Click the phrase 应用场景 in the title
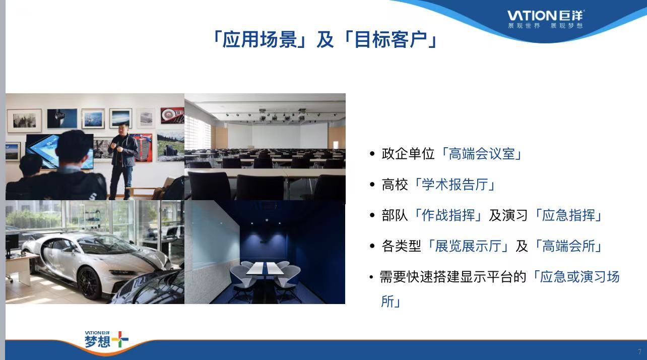[x=260, y=39]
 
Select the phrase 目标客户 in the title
[x=391, y=39]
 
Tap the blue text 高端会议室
[x=482, y=154]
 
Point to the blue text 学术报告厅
[x=455, y=185]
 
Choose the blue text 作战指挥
[x=448, y=215]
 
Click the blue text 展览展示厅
[x=468, y=246]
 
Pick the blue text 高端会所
[x=568, y=246]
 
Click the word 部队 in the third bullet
[x=395, y=215]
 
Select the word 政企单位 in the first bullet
[x=408, y=154]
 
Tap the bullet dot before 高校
[x=372, y=185]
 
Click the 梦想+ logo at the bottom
[x=106, y=339]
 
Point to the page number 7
[x=639, y=351]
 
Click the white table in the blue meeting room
[x=265, y=268]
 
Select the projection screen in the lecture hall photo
[x=278, y=136]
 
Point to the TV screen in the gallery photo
[x=59, y=151]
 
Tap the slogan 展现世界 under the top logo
[x=524, y=26]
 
